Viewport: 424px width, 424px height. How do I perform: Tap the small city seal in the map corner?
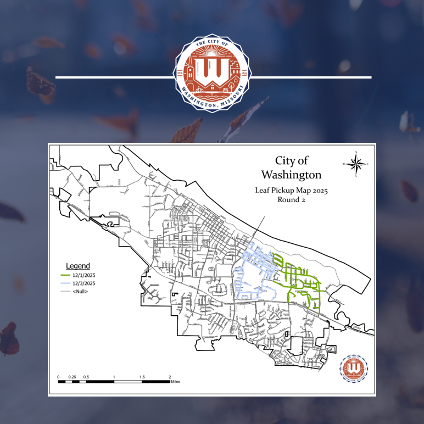[x=354, y=368]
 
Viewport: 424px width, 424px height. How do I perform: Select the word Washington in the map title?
[x=291, y=175]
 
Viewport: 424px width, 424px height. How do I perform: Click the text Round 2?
[x=291, y=200]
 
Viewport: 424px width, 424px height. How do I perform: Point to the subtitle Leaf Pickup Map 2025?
[x=291, y=191]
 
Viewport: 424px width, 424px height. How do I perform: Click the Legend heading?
[x=78, y=266]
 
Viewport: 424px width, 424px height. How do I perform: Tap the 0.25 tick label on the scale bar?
[x=72, y=377]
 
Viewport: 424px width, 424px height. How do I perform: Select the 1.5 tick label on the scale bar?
[x=142, y=377]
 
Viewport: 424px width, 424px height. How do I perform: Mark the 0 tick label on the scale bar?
[x=58, y=377]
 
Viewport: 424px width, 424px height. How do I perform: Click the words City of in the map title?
[x=291, y=161]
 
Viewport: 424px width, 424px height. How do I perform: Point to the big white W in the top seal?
[x=212, y=69]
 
